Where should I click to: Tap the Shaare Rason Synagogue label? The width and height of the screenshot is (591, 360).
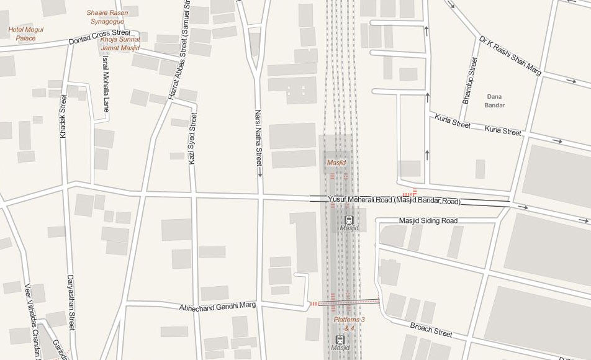[x=107, y=17]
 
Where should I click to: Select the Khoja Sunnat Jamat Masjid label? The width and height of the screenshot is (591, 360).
[x=120, y=43]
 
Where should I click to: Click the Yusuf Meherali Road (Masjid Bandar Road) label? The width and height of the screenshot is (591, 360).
[x=394, y=200]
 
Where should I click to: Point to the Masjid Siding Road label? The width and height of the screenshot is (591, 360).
[x=428, y=220]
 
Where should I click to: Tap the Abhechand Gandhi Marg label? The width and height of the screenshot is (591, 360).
[x=217, y=307]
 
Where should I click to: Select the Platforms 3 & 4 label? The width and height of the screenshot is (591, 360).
[x=349, y=323]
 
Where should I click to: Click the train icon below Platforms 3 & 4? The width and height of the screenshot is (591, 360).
[x=340, y=340]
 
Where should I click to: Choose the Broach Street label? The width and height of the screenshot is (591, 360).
[x=431, y=329]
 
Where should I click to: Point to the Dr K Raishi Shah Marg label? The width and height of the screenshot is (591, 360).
[x=510, y=55]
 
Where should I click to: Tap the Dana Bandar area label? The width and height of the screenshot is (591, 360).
[x=495, y=101]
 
